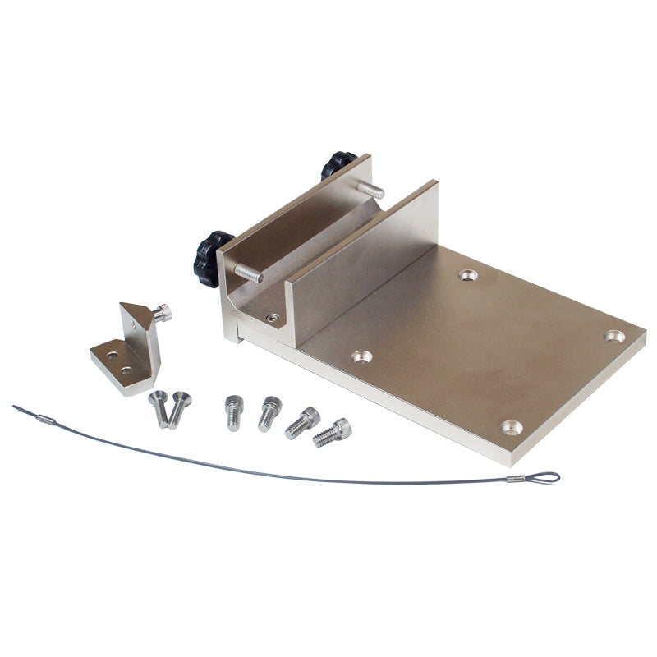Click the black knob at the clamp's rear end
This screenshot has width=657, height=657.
[337, 163]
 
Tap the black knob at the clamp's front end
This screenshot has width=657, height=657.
[211, 257]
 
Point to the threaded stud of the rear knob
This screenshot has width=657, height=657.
[370, 190]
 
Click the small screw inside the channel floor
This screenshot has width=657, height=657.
[273, 318]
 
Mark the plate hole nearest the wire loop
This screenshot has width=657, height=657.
[512, 427]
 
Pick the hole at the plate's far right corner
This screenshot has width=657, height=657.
[614, 336]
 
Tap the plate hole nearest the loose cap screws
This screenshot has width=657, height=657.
[361, 356]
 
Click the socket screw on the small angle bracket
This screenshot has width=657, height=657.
[163, 312]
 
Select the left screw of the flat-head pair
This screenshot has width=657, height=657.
[159, 407]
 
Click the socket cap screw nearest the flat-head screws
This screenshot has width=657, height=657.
[233, 412]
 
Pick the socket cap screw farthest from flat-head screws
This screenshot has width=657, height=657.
[333, 432]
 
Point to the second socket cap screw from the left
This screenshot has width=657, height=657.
[269, 413]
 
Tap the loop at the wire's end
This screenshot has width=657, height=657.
[544, 477]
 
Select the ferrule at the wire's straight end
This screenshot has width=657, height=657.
[46, 420]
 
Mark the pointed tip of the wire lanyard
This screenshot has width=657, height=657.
[16, 407]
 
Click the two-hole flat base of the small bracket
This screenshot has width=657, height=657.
[120, 362]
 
